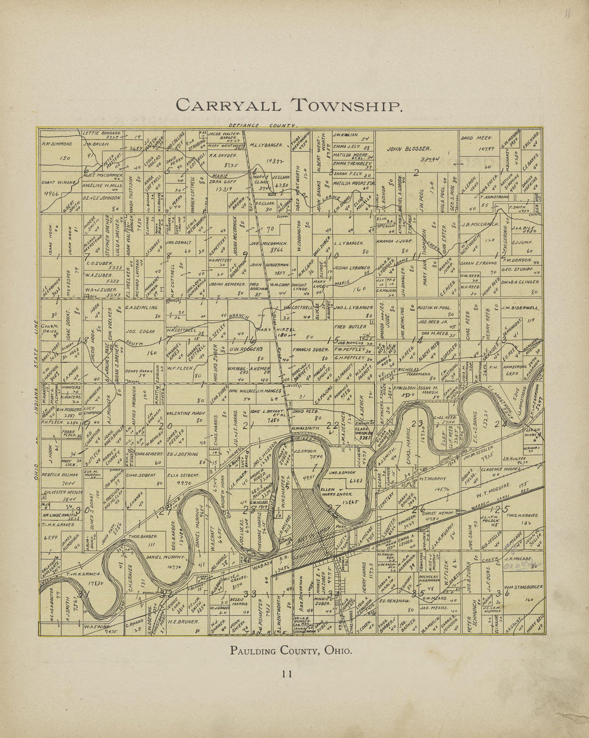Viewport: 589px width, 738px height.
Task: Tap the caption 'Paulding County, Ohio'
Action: point(291,651)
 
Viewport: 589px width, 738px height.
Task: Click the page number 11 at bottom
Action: point(287,674)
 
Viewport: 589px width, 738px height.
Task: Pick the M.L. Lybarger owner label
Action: point(266,145)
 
